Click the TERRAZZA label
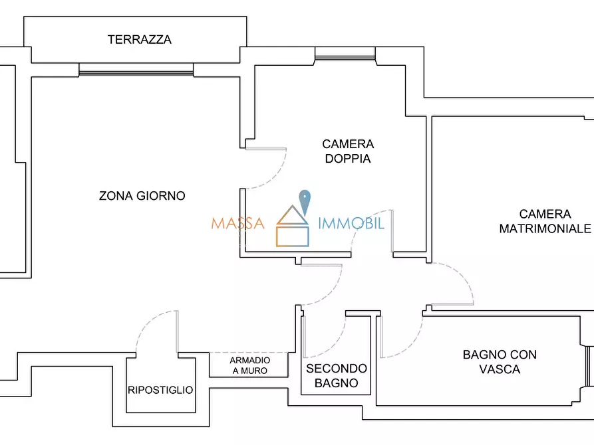click(x=139, y=40)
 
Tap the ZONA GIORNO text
click(x=142, y=196)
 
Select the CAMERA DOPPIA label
click(x=348, y=151)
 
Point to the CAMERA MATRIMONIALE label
click(x=545, y=221)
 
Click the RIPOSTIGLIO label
click(x=160, y=390)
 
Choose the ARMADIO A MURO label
click(x=249, y=365)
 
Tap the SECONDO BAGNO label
click(x=336, y=375)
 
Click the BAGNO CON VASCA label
click(x=499, y=362)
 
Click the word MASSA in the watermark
click(x=237, y=223)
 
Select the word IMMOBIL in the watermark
click(x=351, y=223)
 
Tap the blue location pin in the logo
click(x=305, y=201)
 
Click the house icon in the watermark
click(x=293, y=228)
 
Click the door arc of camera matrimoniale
click(x=459, y=282)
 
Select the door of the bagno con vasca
click(x=402, y=339)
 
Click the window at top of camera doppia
click(x=345, y=53)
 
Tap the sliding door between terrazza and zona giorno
click(x=136, y=69)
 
